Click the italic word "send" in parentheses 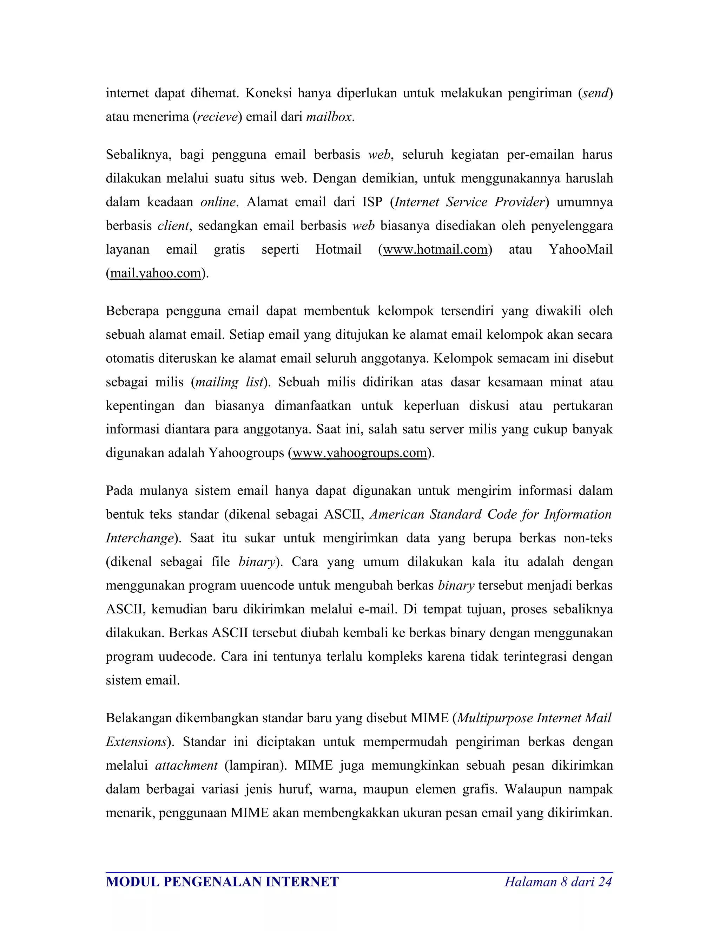point(595,93)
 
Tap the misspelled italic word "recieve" point(217,117)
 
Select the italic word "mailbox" point(329,117)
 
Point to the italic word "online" point(218,202)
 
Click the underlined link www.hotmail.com point(435,249)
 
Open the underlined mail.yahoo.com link point(156,273)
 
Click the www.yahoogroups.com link point(359,453)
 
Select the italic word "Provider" point(520,202)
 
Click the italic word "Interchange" point(140,538)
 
